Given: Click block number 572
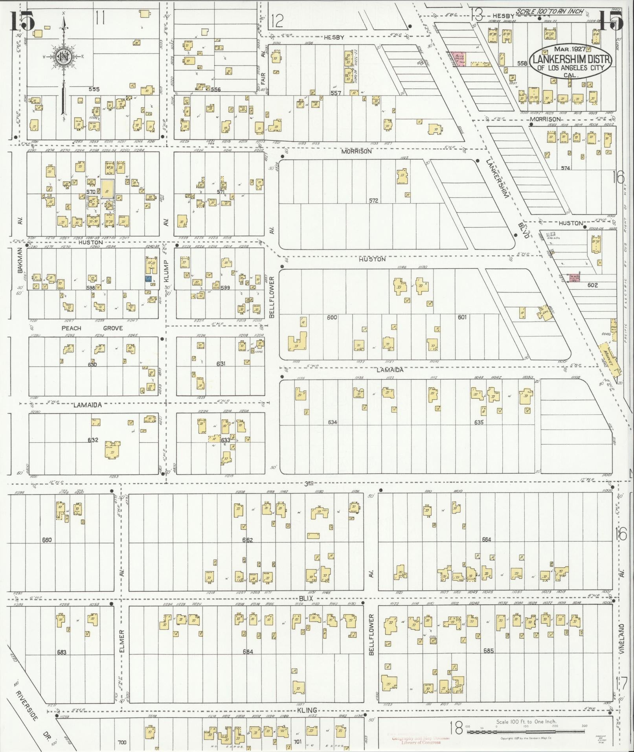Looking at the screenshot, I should tap(373, 200).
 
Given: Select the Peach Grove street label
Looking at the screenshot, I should tap(92, 328).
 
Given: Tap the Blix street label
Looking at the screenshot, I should tap(305, 598).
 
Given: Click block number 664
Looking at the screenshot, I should tap(487, 539).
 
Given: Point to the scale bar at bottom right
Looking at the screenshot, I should tap(526, 732).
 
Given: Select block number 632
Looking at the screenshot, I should tap(93, 440).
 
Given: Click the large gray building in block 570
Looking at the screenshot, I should tap(108, 189).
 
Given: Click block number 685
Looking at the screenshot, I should tap(488, 651).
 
